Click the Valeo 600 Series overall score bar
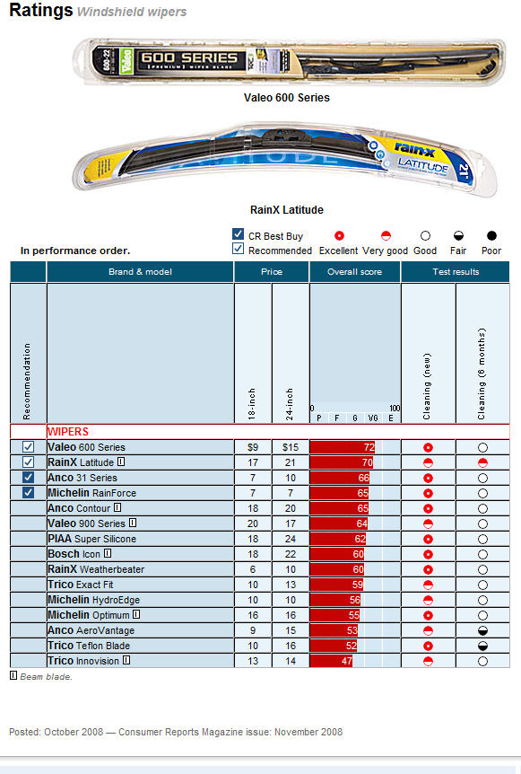343,447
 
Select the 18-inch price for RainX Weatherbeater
253,569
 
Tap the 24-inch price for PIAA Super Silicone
291,539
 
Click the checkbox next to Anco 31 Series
28,478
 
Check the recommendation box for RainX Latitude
28,462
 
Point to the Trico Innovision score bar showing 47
331,661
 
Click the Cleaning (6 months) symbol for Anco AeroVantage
482,630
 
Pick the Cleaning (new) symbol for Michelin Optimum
428,615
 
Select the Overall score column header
354,271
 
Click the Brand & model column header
140,271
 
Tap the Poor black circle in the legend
491,235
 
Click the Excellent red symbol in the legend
339,235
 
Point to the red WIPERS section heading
68,431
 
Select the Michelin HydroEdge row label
93,600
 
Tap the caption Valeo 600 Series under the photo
287,97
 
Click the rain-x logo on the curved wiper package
414,149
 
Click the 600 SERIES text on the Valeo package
189,57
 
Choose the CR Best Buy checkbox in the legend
238,233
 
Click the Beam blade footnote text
46,677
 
